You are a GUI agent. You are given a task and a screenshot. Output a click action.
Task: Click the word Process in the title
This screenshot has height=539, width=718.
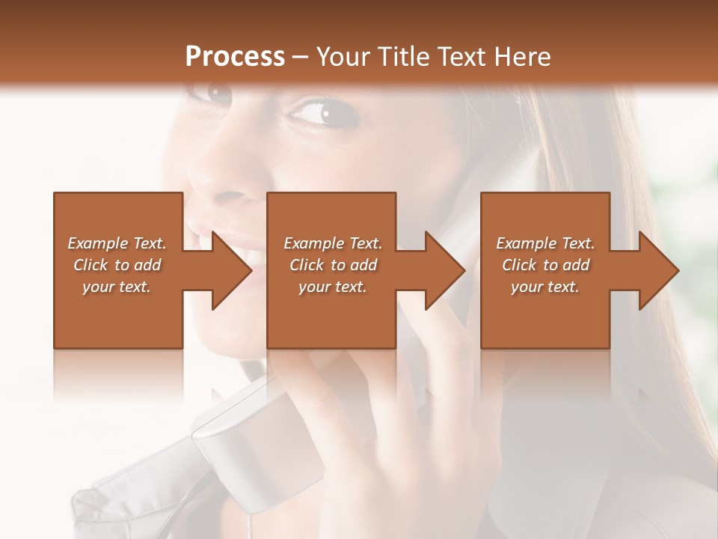tap(235, 57)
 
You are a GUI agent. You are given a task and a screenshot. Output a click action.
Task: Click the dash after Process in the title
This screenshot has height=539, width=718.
tap(301, 58)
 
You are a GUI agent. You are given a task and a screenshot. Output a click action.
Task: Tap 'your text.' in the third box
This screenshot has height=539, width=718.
tap(544, 287)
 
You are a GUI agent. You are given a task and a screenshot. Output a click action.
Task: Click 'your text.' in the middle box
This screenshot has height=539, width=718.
tap(332, 287)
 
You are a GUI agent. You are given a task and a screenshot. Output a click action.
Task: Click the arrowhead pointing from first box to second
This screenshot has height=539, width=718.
tap(231, 270)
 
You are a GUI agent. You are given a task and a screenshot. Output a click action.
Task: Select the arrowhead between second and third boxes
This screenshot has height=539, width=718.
tap(445, 270)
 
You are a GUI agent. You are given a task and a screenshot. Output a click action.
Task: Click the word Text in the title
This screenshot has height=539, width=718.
tap(467, 57)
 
